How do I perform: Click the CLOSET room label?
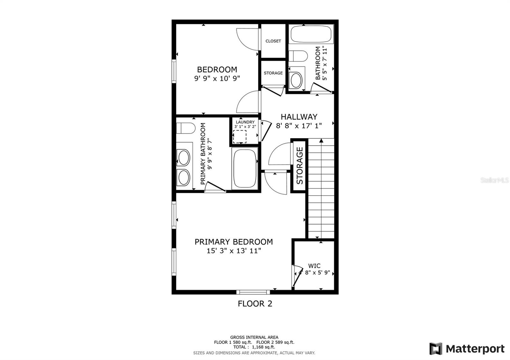pos(273,41)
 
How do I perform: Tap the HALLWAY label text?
pos(299,117)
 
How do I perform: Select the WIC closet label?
pos(314,266)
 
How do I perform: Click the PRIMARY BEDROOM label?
pos(234,242)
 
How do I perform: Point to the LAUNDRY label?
pos(245,122)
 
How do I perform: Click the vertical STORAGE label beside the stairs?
pos(299,166)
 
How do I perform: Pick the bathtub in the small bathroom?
pos(311,34)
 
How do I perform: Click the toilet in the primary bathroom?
pos(186,128)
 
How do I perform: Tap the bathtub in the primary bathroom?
pos(245,169)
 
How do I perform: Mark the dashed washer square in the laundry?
pos(239,137)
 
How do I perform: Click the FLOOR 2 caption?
pos(255,304)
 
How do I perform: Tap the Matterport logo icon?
pos(436,349)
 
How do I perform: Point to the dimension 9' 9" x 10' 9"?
pos(217,78)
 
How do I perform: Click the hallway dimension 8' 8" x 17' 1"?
pos(299,126)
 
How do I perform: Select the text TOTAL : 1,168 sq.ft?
pos(254,347)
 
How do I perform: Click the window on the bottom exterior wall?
pos(253,292)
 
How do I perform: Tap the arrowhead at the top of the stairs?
pos(321,140)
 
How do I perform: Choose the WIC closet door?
pos(296,275)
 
